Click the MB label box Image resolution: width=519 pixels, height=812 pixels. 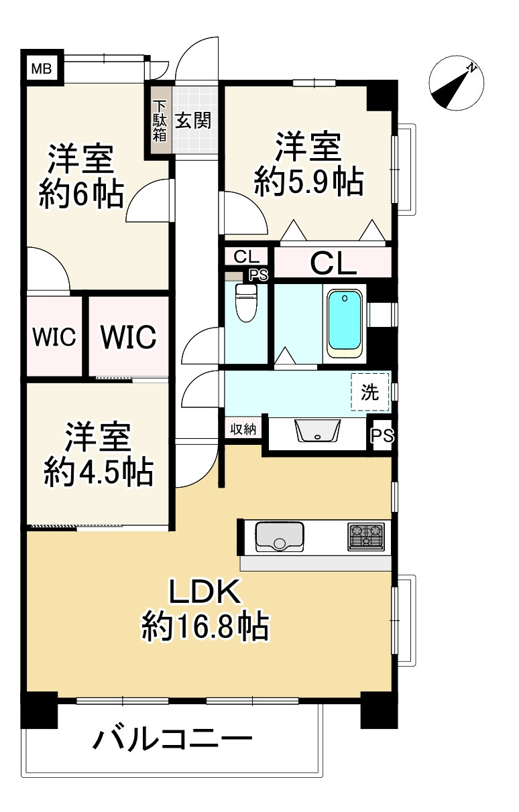[x=42, y=68]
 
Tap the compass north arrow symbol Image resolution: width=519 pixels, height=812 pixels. [x=456, y=82]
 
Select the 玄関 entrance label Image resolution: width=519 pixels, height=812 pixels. [x=194, y=121]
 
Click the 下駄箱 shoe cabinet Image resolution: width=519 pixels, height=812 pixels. [x=160, y=121]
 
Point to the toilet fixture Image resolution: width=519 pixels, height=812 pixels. [x=246, y=302]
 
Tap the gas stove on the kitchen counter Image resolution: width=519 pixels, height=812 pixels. [x=366, y=537]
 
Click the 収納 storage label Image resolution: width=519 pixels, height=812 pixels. [x=244, y=429]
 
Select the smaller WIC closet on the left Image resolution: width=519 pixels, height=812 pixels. [x=56, y=337]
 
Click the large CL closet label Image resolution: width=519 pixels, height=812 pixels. [x=333, y=263]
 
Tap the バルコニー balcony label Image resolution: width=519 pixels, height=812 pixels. [x=173, y=742]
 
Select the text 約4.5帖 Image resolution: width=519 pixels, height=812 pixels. [x=99, y=473]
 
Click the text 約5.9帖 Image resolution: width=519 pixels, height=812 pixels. [x=308, y=181]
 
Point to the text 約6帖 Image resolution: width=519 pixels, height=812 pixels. [x=80, y=195]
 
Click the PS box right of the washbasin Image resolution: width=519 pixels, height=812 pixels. [x=382, y=436]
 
